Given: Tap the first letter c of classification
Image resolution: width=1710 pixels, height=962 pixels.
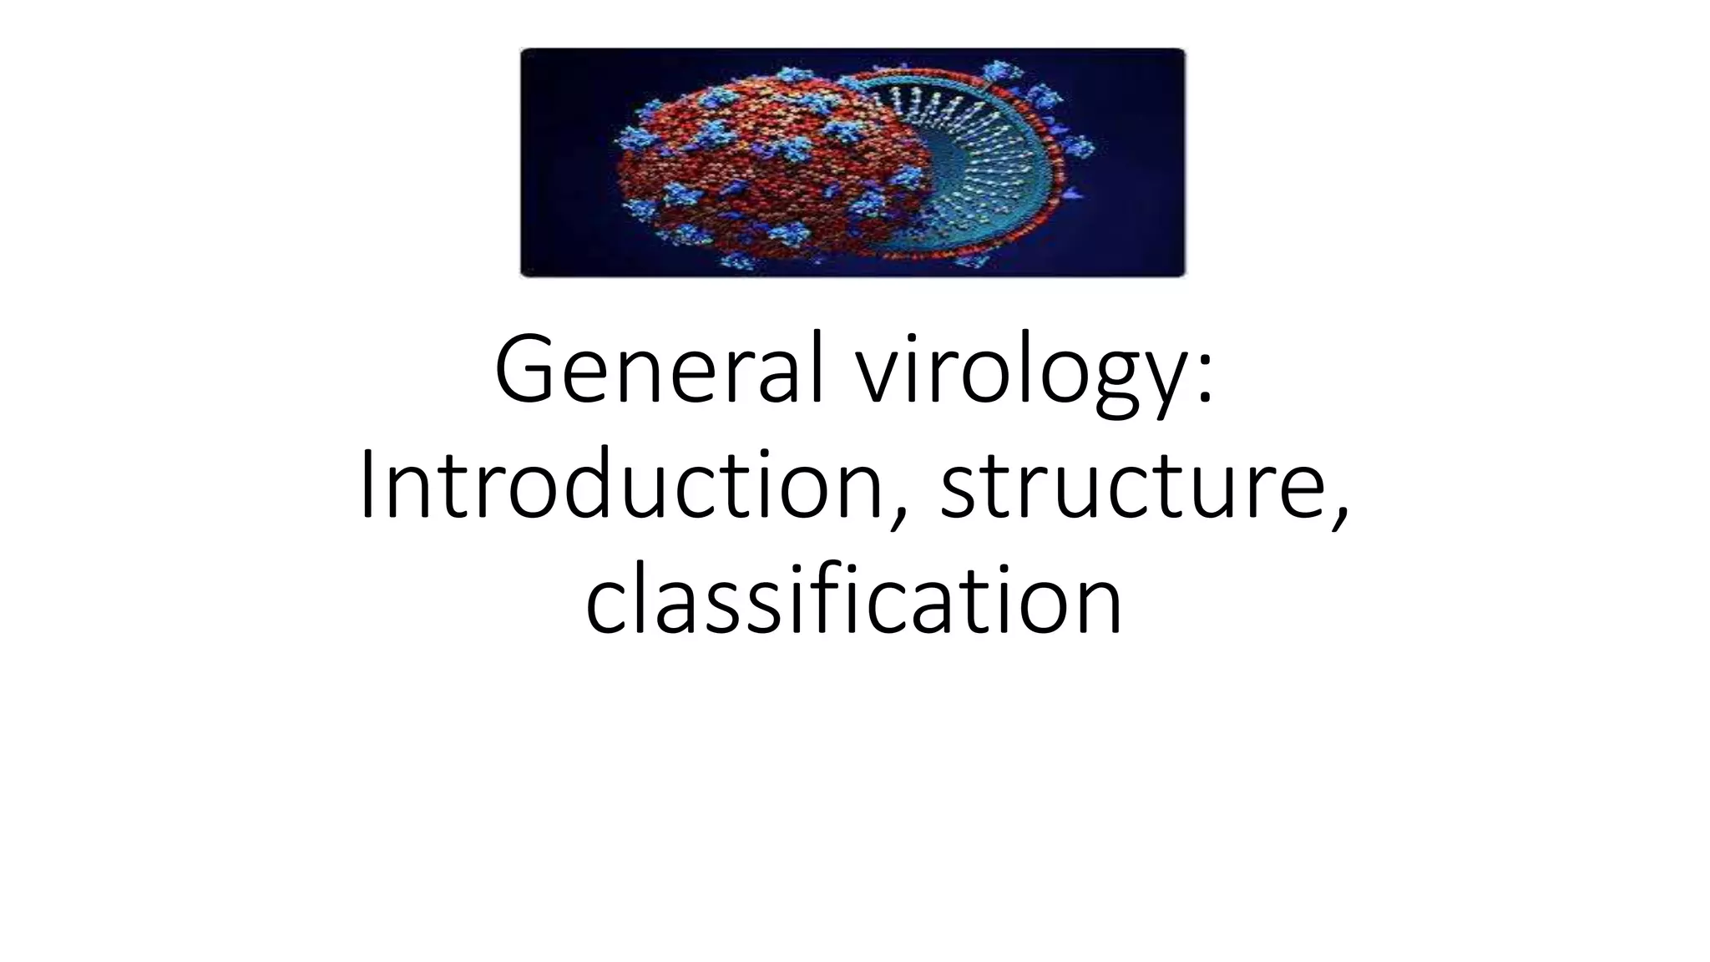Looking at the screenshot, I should pyautogui.click(x=605, y=605).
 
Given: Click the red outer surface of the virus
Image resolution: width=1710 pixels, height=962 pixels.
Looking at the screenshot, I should pyautogui.click(x=735, y=175).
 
